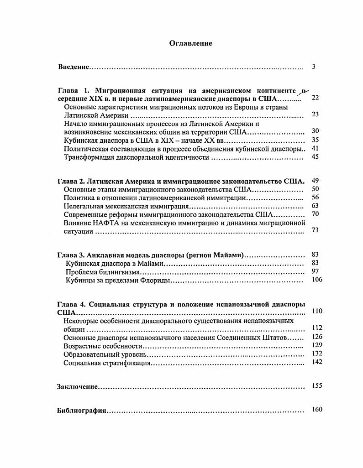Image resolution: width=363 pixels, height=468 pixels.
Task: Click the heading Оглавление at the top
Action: click(190, 43)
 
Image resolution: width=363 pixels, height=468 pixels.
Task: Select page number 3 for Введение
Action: click(314, 67)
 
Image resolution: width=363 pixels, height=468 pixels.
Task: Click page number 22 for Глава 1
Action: click(315, 98)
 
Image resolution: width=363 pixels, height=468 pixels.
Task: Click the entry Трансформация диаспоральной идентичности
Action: click(137, 157)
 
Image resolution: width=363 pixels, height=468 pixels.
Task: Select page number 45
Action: click(315, 157)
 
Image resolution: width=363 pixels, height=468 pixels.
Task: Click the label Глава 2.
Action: click(71, 181)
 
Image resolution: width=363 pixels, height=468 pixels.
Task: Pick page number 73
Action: click(315, 230)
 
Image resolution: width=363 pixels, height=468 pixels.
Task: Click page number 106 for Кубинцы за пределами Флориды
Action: click(316, 280)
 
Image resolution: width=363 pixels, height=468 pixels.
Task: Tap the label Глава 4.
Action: click(71, 304)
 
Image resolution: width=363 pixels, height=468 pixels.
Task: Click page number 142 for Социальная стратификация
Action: click(316, 362)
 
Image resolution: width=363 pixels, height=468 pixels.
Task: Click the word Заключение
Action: click(77, 387)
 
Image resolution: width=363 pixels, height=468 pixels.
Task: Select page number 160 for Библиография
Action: click(316, 409)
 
